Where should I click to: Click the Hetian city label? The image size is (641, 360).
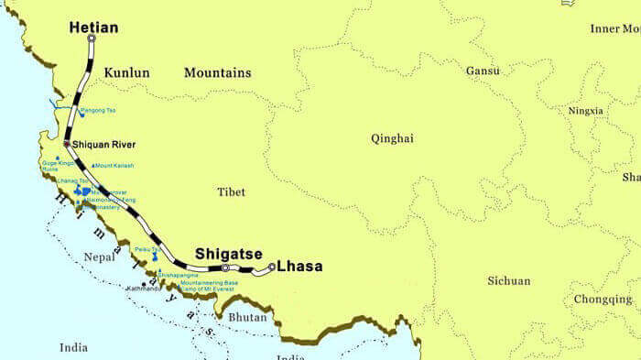(93, 27)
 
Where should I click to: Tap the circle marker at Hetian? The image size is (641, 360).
(91, 38)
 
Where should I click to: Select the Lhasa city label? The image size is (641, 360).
(299, 267)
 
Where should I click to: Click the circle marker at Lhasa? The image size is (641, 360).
(272, 267)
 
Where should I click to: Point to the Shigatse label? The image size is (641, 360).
(228, 254)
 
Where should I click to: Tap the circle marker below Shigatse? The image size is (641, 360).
(225, 267)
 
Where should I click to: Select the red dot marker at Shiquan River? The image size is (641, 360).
(66, 144)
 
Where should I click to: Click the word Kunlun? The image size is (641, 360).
(126, 72)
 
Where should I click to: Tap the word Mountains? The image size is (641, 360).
(217, 72)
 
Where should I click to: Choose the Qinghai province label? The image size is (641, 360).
(392, 138)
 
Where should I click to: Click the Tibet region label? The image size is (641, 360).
(232, 191)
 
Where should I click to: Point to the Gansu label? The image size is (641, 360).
(483, 71)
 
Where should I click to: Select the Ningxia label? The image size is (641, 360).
(586, 111)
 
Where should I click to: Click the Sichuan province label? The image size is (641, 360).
(508, 280)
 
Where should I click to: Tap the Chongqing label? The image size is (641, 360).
(603, 300)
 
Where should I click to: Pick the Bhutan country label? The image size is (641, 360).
(248, 318)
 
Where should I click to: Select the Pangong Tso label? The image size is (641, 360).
(98, 111)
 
